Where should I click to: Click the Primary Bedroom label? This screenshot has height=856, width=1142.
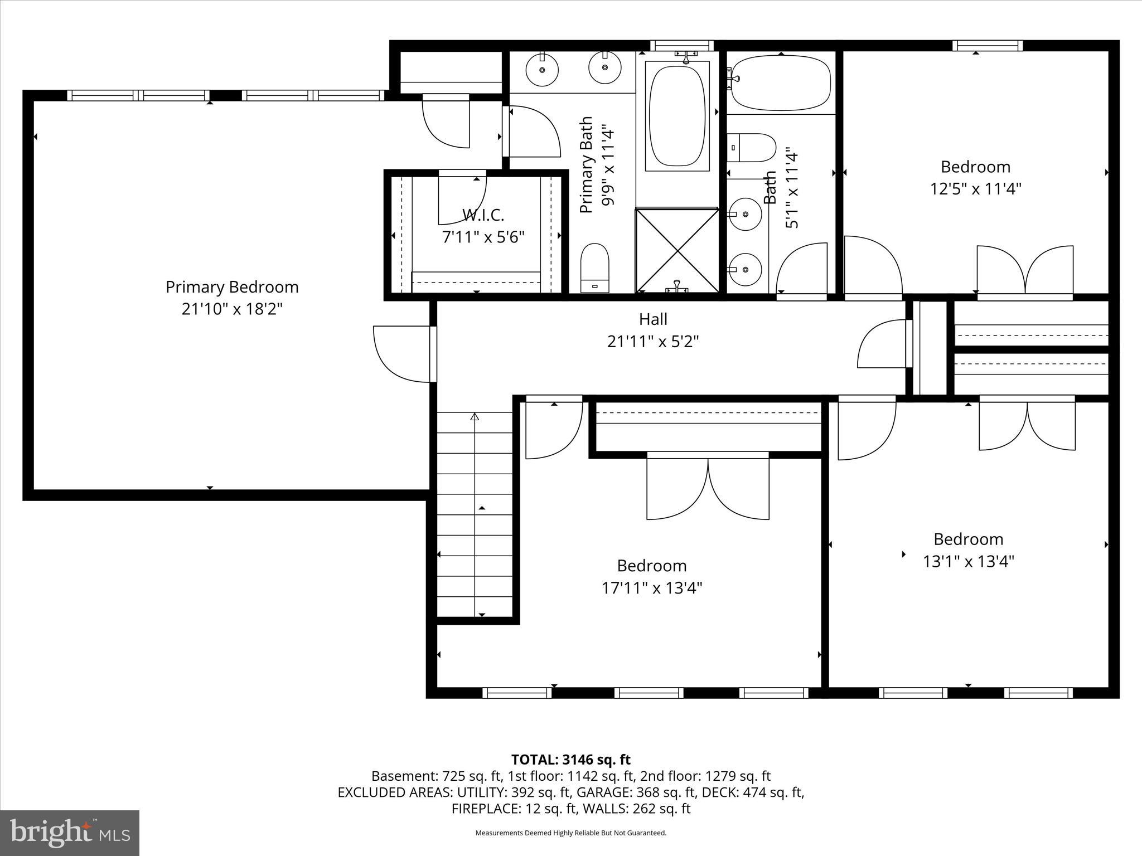click(232, 287)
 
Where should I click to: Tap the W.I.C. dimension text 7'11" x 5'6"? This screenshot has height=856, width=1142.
click(483, 237)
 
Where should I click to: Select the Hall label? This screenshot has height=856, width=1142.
click(653, 319)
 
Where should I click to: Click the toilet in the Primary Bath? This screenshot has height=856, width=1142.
click(594, 267)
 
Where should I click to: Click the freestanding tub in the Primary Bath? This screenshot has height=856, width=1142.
click(677, 116)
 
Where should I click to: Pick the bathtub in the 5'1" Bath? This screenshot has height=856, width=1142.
click(781, 82)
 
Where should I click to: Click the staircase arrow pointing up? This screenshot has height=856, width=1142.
click(475, 417)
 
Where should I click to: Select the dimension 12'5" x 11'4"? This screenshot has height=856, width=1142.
click(975, 189)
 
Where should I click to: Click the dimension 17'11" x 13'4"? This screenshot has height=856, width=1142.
click(651, 588)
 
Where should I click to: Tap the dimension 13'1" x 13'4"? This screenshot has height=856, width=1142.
click(968, 561)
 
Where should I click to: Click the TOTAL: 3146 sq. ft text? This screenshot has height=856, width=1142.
click(570, 760)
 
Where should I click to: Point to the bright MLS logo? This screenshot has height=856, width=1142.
click(70, 833)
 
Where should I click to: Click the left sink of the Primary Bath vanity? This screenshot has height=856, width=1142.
click(542, 70)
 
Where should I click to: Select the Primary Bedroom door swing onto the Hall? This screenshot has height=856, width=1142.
click(403, 354)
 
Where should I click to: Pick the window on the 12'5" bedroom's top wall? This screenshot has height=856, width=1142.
click(987, 46)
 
